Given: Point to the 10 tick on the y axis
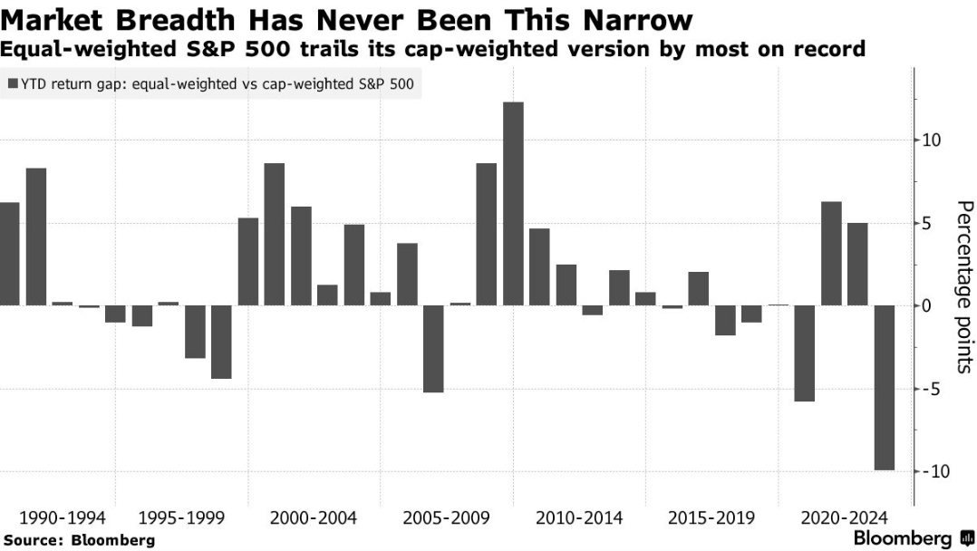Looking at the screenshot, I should click(x=933, y=140).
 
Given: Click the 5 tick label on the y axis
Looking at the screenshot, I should click(x=928, y=223).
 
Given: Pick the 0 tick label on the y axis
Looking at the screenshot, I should click(x=928, y=305).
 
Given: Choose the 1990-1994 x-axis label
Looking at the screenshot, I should click(x=62, y=519).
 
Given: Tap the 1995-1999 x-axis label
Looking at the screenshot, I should click(x=181, y=519).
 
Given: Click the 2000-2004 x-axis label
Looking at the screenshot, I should click(x=314, y=519).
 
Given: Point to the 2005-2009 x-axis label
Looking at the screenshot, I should click(x=447, y=519).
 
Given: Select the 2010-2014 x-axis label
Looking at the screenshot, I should click(x=579, y=519).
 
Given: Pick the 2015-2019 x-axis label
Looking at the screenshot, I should click(x=711, y=519).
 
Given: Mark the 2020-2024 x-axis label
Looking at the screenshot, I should click(x=844, y=519).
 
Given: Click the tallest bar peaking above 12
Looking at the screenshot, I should click(x=513, y=204).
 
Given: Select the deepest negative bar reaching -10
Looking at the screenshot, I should click(x=884, y=388).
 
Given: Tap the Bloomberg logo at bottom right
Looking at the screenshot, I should click(x=902, y=539).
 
